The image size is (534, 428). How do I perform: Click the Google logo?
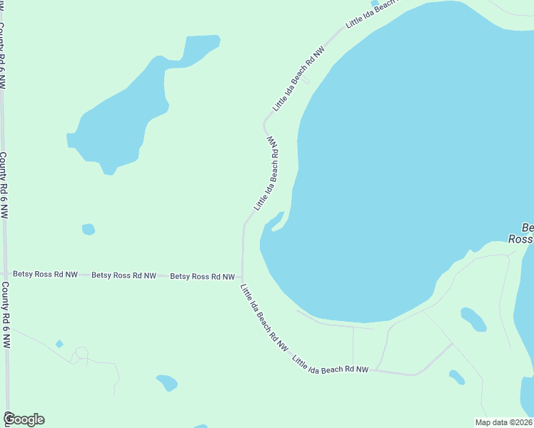pos(24,419)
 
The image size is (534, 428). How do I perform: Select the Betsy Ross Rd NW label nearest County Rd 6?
pos(45,274)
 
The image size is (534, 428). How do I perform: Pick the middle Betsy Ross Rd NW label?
pos(124,275)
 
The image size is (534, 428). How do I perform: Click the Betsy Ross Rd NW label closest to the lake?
pos(202,276)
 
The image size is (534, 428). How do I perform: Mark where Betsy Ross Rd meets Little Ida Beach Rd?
pos(242,277)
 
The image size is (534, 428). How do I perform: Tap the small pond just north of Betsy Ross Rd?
pos(88,229)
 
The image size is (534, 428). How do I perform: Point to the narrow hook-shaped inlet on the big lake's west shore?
pos(278,221)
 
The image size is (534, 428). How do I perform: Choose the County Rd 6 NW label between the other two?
pos(4,185)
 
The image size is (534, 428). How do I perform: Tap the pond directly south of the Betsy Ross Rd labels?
pos(167,382)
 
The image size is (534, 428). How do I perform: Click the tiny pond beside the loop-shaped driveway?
pos(59,344)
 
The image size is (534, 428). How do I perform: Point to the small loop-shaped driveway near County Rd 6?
pos(81,353)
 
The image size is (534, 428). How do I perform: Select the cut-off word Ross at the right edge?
pos(520,240)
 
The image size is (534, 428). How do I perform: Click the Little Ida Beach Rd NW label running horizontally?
pos(331,365)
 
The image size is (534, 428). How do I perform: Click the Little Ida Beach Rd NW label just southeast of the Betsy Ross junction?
pos(264,317)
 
